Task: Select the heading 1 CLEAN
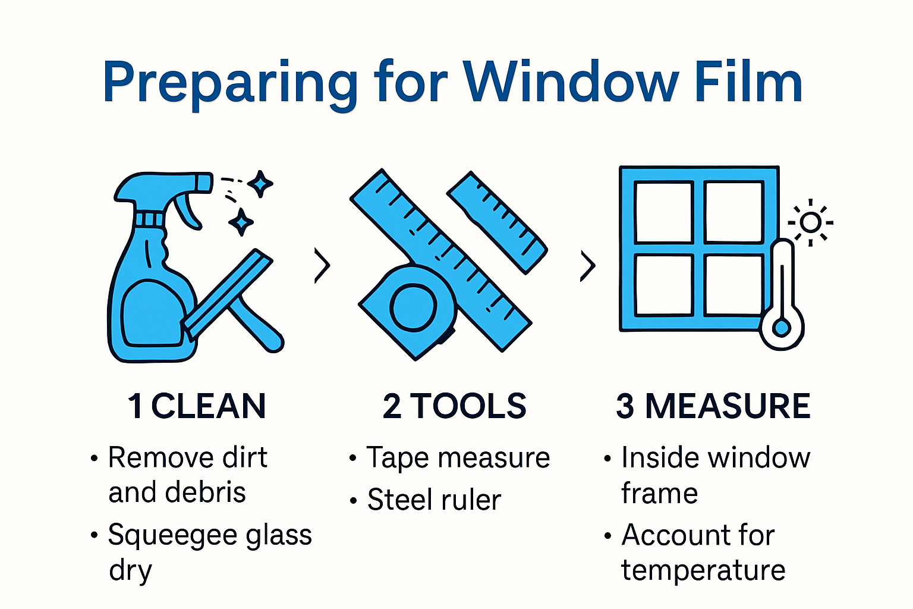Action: click(197, 406)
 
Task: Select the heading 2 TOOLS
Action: click(455, 406)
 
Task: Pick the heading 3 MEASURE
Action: click(713, 406)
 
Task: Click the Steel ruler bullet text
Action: click(434, 500)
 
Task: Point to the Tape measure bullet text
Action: click(458, 458)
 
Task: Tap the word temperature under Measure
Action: click(703, 570)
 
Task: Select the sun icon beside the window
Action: click(810, 222)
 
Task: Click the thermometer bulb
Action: click(782, 328)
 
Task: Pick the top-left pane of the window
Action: click(663, 212)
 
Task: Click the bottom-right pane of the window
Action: click(733, 285)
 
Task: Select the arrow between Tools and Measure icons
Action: click(587, 265)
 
